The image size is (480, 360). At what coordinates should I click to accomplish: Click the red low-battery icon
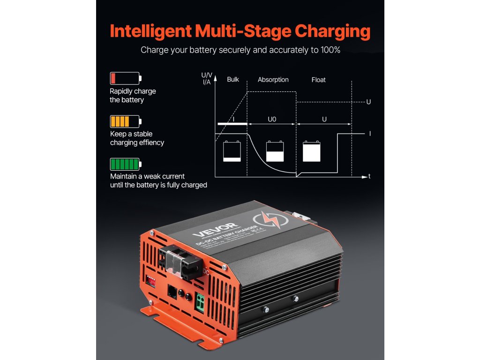[x=125, y=78]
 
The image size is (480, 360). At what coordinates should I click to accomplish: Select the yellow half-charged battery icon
[x=125, y=121]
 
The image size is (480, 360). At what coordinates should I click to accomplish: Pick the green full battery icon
[x=125, y=164]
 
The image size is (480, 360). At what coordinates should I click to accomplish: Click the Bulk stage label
[x=233, y=80]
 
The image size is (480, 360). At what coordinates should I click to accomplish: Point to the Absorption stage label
[x=273, y=80]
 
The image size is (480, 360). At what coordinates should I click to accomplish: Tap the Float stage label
[x=318, y=80]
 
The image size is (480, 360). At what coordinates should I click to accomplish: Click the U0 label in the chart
[x=272, y=120]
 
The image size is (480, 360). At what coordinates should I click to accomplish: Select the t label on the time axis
[x=369, y=177]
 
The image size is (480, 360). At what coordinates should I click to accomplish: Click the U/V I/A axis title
[x=206, y=78]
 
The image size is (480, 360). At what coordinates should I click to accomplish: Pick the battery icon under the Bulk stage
[x=232, y=151]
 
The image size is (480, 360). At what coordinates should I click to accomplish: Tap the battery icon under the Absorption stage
[x=275, y=151]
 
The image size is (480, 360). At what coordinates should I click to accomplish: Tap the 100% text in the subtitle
[x=329, y=50]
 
